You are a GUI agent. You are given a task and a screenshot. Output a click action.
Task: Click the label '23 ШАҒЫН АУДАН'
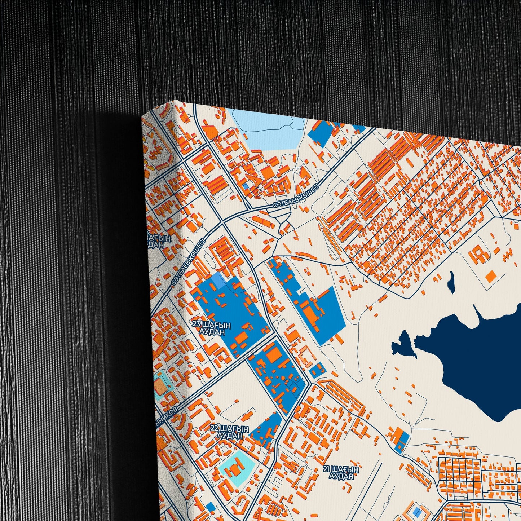tap(212, 328)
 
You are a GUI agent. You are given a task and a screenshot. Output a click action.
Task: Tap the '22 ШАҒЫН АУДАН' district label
tap(230, 432)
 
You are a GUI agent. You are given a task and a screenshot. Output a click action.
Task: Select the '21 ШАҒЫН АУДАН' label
tap(341, 473)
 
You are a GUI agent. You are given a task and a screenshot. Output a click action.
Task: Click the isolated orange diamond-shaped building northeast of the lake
tap(491, 277)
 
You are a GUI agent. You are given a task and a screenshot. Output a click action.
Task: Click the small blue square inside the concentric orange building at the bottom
tap(417, 512)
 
